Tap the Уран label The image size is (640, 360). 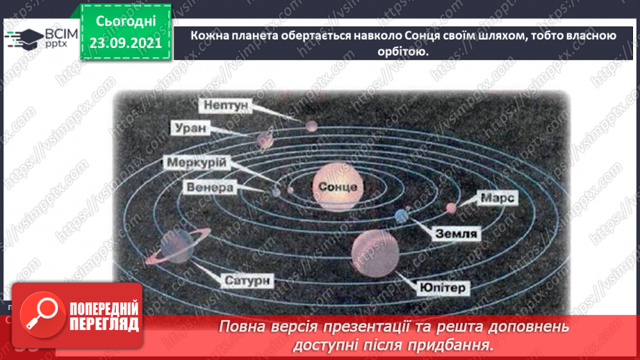click(188, 128)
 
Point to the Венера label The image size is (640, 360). click(211, 187)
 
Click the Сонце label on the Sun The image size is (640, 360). click(338, 187)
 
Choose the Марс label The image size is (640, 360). click(498, 199)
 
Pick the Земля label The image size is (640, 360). click(456, 234)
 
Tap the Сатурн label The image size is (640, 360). click(247, 281)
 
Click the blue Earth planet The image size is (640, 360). click(400, 216)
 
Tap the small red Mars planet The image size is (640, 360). click(451, 207)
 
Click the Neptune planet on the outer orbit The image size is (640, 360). click(310, 125)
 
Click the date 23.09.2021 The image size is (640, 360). click(125, 43)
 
